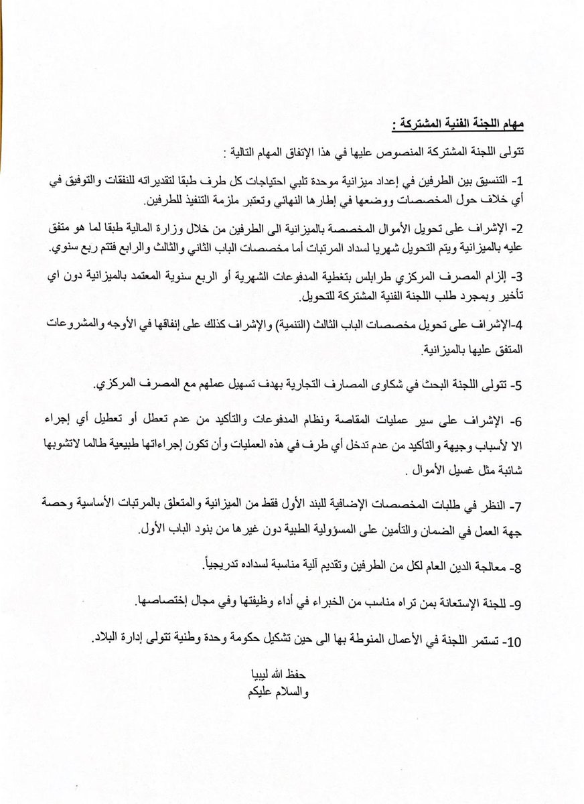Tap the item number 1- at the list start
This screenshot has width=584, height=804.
tap(516, 181)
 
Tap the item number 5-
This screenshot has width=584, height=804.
tap(516, 386)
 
